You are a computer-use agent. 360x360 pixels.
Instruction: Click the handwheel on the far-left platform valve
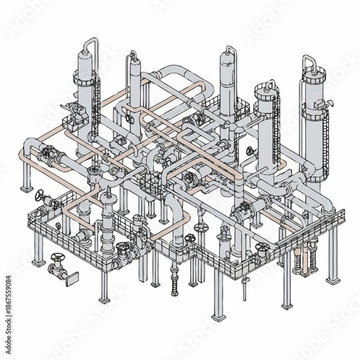tap(41, 194)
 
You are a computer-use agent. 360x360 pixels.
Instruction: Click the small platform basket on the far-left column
tap(72, 112)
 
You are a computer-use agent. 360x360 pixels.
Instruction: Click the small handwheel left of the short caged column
tap(249, 151)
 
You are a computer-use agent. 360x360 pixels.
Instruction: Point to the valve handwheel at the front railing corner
tap(190, 238)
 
